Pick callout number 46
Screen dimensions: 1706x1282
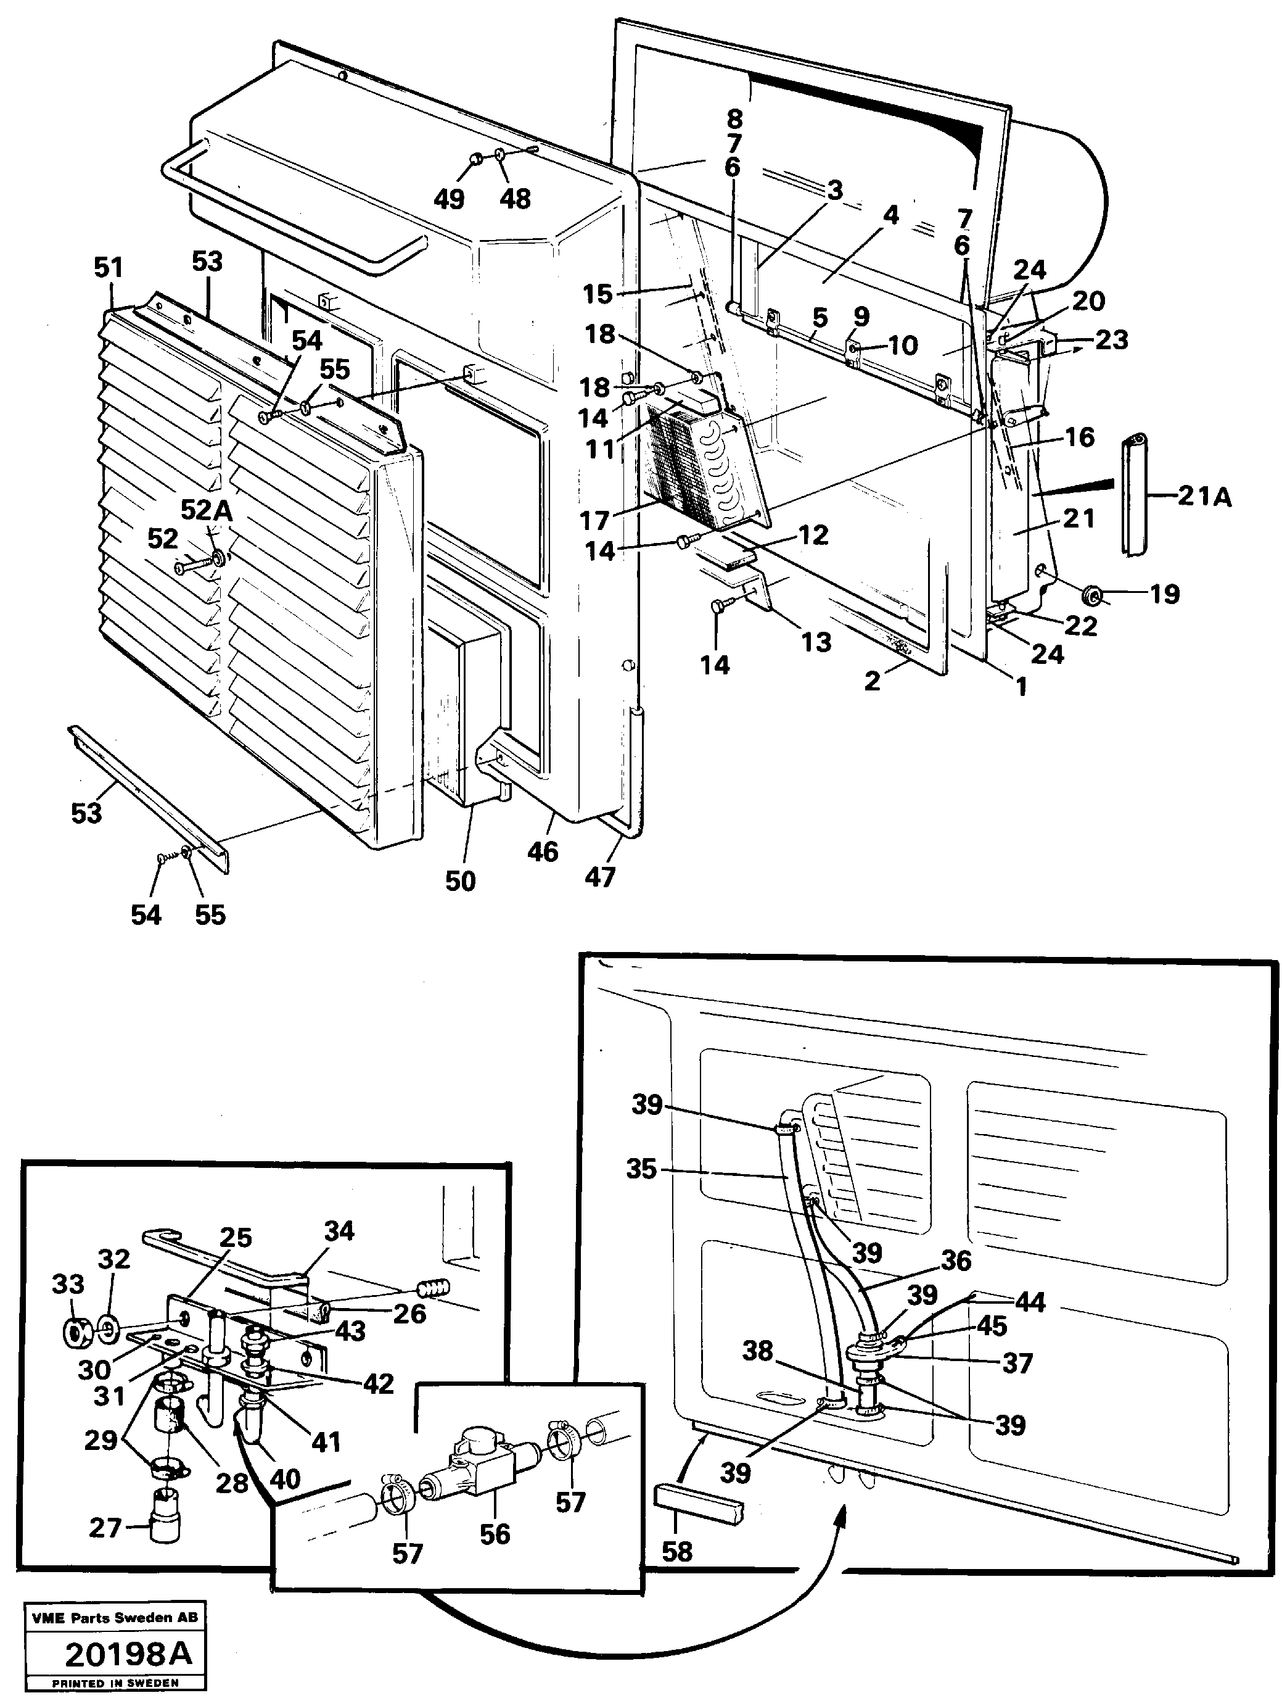point(543,851)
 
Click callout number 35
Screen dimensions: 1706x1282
point(641,1169)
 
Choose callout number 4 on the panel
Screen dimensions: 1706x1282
point(890,215)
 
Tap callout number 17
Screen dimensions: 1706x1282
point(594,521)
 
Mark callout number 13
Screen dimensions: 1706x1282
point(816,641)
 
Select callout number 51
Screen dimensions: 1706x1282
point(108,268)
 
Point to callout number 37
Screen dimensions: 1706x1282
point(1016,1363)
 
